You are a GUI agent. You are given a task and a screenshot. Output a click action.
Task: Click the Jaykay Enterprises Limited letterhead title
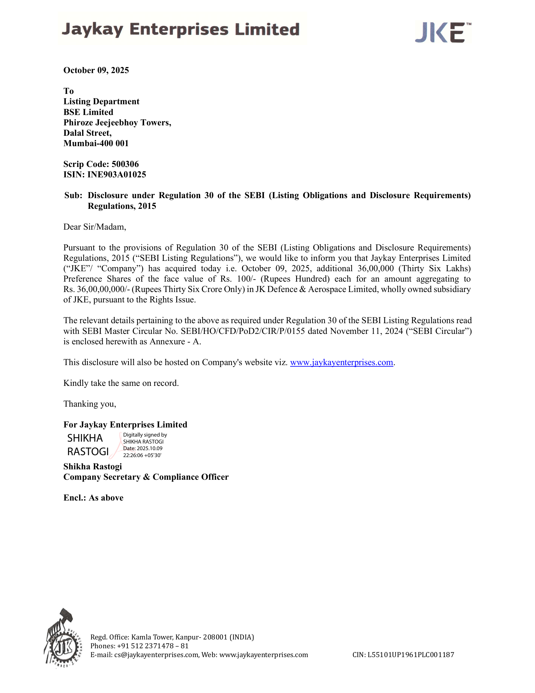[x=181, y=30]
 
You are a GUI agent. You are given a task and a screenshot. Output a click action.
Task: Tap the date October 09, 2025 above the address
[x=96, y=70]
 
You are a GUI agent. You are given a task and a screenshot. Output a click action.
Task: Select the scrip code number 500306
[x=125, y=164]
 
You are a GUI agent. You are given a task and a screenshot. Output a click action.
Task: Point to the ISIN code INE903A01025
[x=117, y=175]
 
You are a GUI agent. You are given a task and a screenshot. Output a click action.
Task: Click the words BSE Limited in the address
[x=88, y=112]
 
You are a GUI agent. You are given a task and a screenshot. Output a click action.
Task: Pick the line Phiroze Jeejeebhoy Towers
[x=117, y=123]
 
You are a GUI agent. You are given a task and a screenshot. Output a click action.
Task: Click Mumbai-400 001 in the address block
[x=96, y=143]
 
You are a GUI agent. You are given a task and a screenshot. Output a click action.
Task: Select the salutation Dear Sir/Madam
[x=95, y=226]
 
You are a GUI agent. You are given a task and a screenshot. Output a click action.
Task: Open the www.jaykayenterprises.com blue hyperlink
[x=341, y=362]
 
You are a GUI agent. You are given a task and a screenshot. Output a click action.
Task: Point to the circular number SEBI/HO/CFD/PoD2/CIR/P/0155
[x=243, y=331]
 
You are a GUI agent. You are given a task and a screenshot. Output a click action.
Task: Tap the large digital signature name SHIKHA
[x=85, y=438]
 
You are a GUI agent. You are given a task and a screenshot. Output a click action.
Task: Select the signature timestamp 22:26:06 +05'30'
[x=142, y=455]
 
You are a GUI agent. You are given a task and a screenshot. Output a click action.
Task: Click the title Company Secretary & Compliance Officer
[x=146, y=477]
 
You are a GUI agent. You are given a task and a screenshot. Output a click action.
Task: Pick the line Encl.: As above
[x=93, y=497]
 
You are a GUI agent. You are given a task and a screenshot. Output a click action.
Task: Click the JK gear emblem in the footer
[x=64, y=640]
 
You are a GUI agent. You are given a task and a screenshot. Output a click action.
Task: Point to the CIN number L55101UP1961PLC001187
[x=411, y=655]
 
